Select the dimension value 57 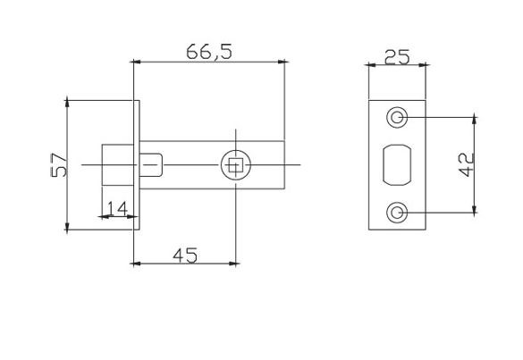pos(59,165)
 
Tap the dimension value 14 pos(115,207)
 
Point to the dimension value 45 pos(183,255)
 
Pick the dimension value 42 pos(464,165)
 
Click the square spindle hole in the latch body pos(235,165)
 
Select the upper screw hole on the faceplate pos(396,117)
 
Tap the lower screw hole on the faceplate pos(396,213)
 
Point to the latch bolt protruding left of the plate pos(116,165)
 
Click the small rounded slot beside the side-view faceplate pos(154,165)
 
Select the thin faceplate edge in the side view pos(136,165)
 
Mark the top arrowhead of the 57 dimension pos(67,103)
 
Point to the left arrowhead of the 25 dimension pos(372,66)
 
